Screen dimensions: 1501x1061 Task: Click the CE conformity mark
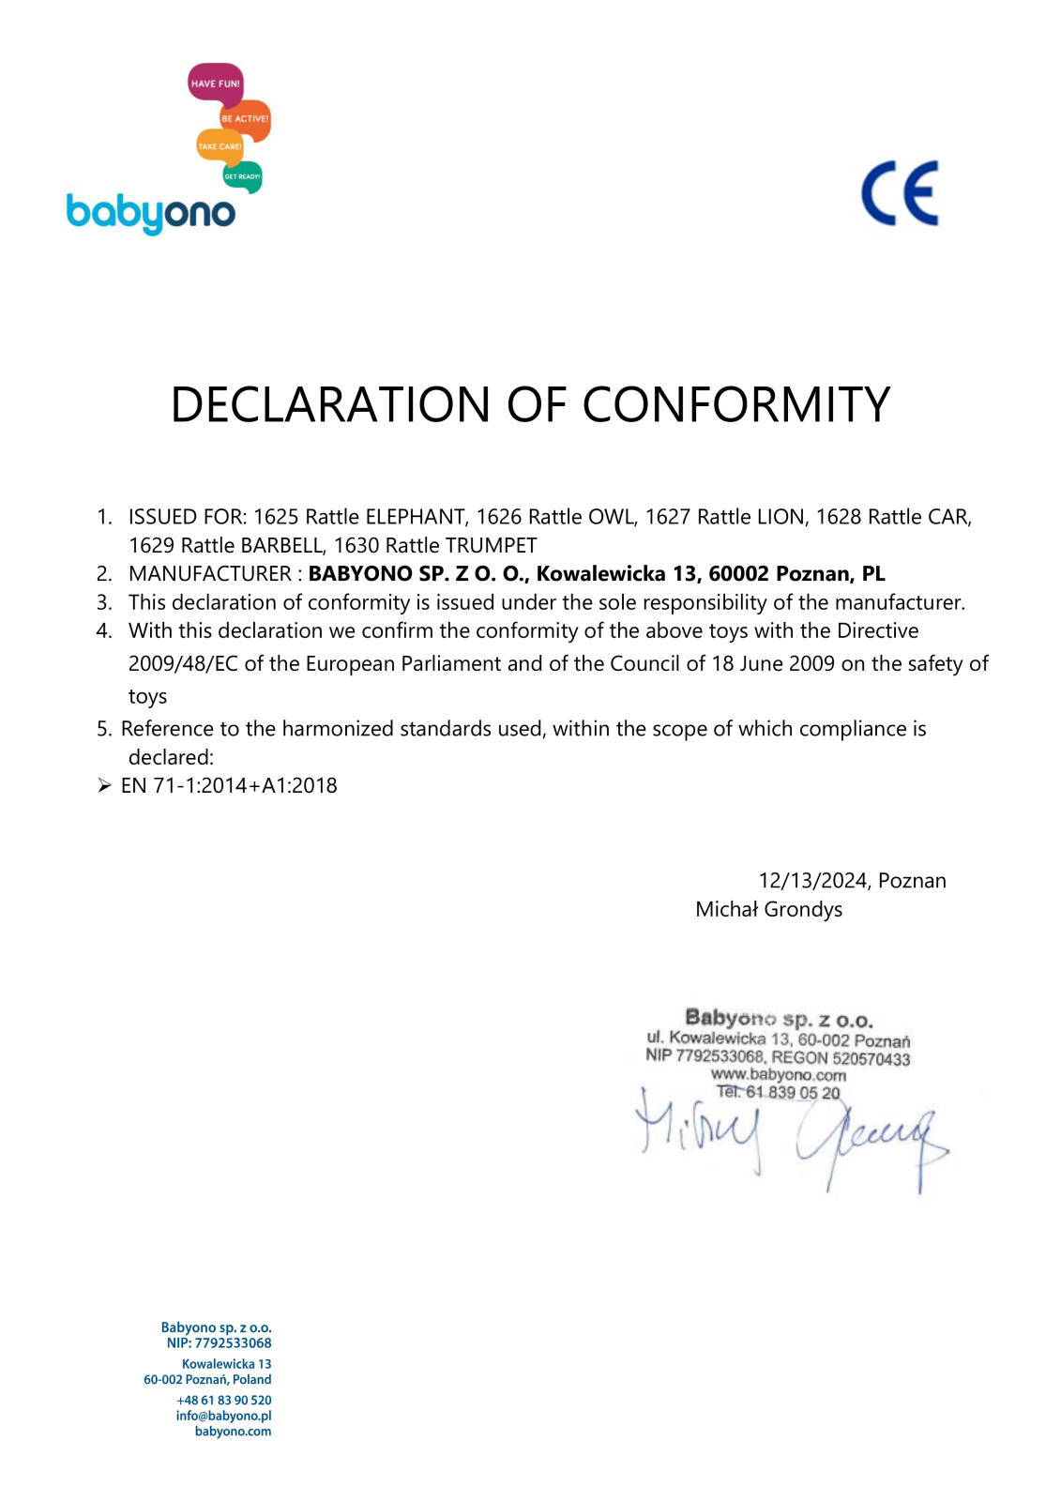click(899, 193)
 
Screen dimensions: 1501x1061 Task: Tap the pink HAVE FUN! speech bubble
click(215, 83)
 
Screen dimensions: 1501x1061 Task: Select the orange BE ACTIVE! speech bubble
click(246, 119)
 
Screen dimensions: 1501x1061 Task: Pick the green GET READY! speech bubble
click(242, 176)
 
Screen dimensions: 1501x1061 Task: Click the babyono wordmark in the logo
click(150, 213)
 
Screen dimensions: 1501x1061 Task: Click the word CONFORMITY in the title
click(735, 404)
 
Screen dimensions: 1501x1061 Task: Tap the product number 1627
click(668, 517)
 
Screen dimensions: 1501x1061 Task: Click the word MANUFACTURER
click(210, 573)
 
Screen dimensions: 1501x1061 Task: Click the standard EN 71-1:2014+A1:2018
click(229, 785)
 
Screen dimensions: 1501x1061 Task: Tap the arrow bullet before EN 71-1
click(104, 785)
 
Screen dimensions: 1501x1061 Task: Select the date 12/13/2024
click(813, 880)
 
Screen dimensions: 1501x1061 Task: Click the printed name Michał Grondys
click(768, 909)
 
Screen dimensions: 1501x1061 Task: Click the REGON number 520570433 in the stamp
click(871, 1059)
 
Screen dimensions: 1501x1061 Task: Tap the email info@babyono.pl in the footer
click(223, 1416)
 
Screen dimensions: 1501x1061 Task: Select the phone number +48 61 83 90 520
click(224, 1400)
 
